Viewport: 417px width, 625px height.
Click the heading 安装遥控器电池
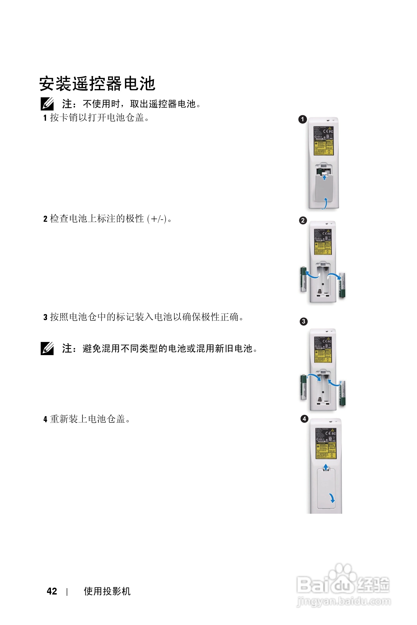point(97,84)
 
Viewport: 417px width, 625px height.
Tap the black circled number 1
point(303,119)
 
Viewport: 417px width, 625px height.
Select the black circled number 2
point(303,221)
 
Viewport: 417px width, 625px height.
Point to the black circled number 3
point(304,321)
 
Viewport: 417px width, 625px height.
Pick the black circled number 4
point(304,419)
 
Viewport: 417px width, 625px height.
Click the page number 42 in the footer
point(52,591)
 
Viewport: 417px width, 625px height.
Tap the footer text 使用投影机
point(107,591)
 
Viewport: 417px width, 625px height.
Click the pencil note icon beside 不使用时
point(47,104)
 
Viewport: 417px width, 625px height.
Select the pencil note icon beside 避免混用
point(47,348)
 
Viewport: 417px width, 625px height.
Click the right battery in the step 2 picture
point(342,285)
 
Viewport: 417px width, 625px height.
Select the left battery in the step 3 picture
point(303,387)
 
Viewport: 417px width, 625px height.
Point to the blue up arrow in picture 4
point(326,467)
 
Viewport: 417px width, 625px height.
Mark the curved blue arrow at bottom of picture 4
point(332,498)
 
